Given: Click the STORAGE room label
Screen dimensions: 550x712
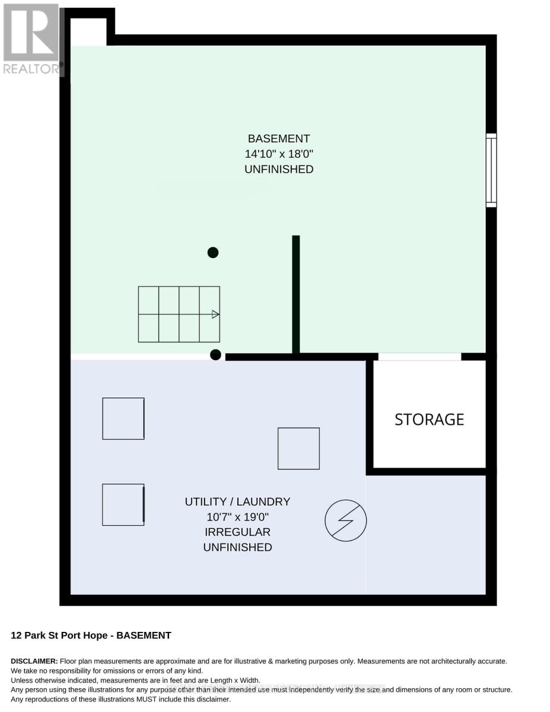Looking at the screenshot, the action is point(429,419).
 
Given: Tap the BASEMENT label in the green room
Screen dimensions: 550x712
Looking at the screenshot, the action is point(279,139).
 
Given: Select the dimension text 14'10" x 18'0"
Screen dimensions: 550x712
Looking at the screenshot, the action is point(279,154).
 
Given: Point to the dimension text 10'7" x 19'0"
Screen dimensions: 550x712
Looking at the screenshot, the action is point(237,517).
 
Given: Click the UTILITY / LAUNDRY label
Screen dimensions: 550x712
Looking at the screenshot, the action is point(237,501).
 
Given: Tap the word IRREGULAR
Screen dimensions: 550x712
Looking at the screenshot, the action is point(237,532).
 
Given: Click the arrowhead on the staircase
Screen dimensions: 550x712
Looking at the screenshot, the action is point(215,314).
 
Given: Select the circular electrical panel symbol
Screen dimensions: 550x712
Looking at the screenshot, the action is point(345,520).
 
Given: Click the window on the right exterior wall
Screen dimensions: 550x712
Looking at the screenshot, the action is point(491,170).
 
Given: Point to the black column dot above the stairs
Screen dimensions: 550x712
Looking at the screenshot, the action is point(213,253).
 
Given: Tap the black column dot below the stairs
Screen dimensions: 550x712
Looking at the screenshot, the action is point(215,355).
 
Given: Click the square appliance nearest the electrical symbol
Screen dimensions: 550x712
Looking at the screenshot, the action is point(298,449).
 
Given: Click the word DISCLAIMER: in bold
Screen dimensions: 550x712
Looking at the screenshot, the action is point(34,661).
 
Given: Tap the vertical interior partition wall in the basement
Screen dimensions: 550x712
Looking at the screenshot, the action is point(296,294).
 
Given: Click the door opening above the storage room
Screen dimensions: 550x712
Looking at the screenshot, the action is point(419,357).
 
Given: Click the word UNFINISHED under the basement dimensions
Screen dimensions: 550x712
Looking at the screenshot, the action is point(279,169).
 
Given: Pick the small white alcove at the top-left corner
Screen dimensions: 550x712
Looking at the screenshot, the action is point(88,32).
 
